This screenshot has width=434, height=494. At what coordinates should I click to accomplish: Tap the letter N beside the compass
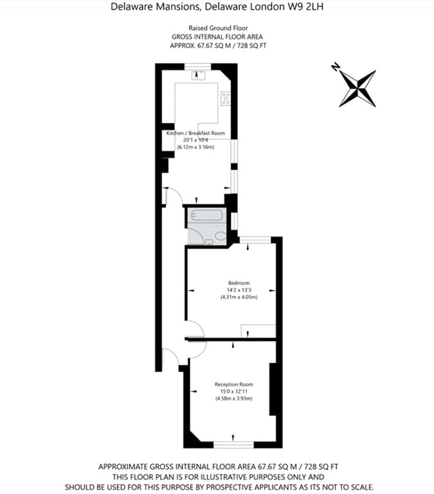(335, 66)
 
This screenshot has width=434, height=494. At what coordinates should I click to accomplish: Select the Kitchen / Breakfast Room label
(195, 133)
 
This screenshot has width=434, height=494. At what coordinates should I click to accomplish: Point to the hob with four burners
(226, 98)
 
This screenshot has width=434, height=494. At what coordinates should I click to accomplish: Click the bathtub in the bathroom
(206, 216)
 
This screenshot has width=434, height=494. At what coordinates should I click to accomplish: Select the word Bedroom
(239, 283)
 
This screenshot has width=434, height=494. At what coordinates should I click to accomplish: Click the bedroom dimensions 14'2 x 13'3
(239, 290)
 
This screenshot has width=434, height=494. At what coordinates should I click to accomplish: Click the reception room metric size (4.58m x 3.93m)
(233, 399)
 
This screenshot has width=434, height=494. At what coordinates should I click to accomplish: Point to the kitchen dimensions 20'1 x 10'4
(195, 140)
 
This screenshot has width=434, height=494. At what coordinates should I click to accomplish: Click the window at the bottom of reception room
(233, 444)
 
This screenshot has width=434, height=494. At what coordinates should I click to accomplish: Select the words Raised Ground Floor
(217, 28)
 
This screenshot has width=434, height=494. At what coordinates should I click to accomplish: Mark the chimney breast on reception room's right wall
(273, 389)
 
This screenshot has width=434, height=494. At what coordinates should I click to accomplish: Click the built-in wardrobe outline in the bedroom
(257, 330)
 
